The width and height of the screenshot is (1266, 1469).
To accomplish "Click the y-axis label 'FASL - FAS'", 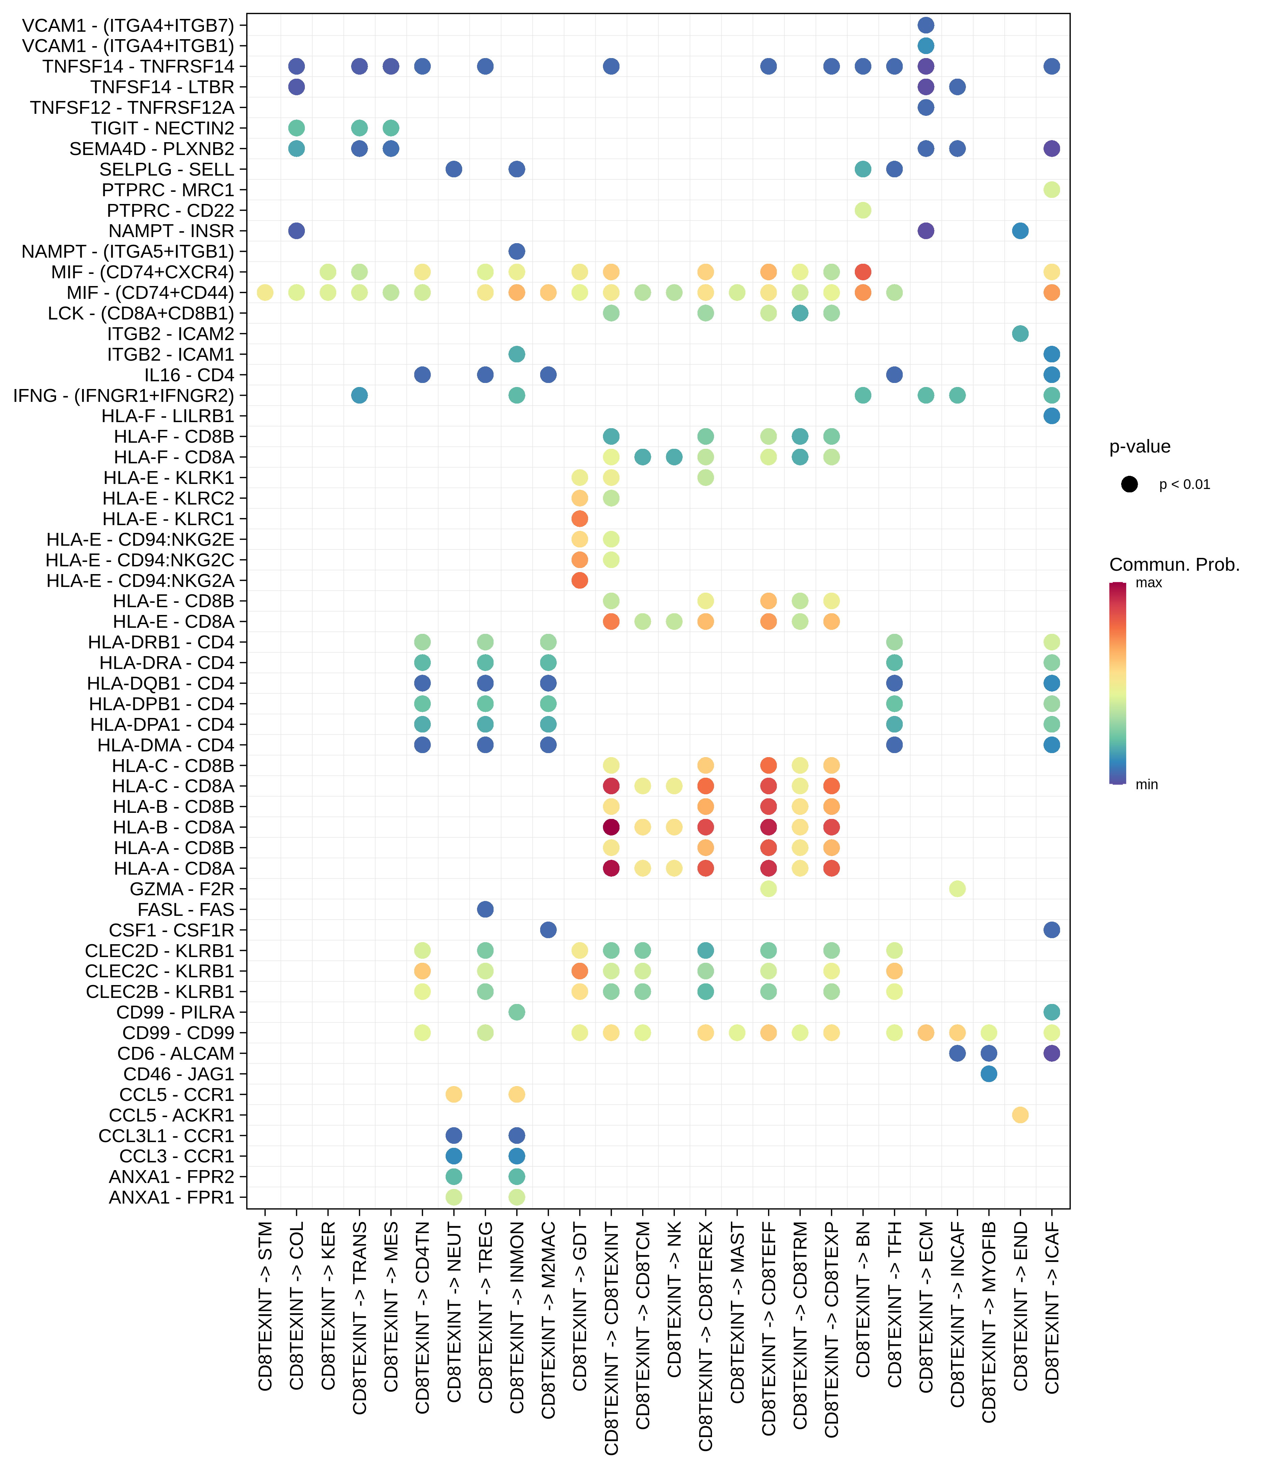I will click(x=186, y=910).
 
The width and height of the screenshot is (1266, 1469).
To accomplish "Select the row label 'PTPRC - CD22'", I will click(x=170, y=211).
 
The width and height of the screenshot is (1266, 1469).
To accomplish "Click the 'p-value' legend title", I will click(x=1139, y=447).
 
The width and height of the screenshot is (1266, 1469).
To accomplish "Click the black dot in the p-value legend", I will click(x=1129, y=484).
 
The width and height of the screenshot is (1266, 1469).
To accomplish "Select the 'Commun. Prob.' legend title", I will click(x=1174, y=565).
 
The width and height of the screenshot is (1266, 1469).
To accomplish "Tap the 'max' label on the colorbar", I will click(x=1148, y=583).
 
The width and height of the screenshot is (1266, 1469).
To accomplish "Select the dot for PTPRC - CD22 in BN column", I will click(x=863, y=211).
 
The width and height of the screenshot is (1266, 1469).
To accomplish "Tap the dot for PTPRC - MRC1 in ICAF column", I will click(x=1052, y=190).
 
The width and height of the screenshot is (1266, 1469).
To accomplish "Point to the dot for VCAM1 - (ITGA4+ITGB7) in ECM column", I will click(x=926, y=26).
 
